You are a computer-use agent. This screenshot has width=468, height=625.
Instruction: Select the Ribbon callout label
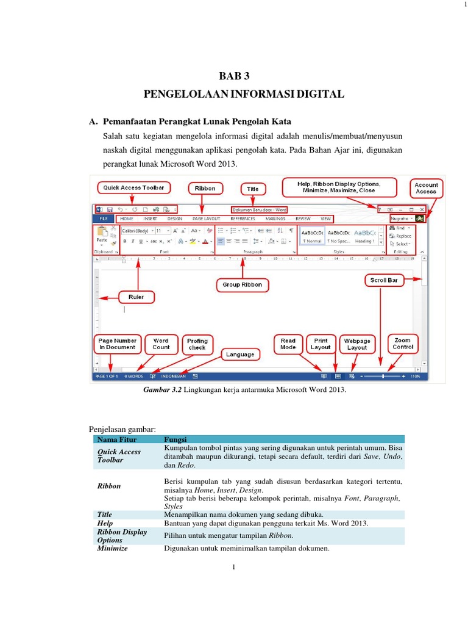click(x=205, y=189)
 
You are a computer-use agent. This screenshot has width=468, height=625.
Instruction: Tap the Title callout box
click(x=253, y=189)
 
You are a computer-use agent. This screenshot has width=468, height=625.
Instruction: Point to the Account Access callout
click(x=426, y=188)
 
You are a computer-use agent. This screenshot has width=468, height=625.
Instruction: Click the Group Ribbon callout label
click(x=243, y=284)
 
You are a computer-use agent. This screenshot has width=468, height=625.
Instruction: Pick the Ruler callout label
click(x=135, y=297)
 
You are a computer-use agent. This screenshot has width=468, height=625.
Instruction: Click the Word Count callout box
click(x=161, y=344)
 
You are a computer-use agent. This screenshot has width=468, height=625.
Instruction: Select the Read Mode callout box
click(x=288, y=344)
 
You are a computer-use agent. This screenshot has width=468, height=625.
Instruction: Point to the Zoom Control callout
click(x=402, y=343)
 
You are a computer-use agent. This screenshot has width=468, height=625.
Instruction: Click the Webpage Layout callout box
click(x=357, y=344)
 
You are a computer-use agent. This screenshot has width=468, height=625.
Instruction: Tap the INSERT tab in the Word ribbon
click(x=150, y=218)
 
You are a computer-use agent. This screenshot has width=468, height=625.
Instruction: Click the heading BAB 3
click(x=235, y=76)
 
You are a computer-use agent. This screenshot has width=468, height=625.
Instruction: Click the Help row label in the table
click(x=105, y=523)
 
